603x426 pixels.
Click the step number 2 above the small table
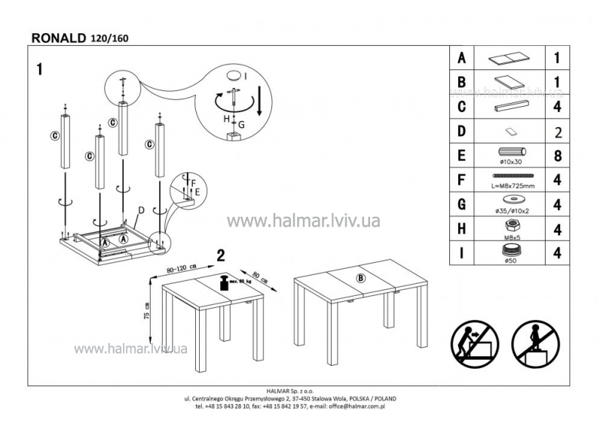click(221, 255)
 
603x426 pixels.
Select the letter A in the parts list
click(461, 58)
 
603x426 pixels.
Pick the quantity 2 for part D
click(559, 133)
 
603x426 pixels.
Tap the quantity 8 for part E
click(558, 157)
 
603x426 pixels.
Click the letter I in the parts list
click(461, 253)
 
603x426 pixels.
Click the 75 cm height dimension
click(147, 311)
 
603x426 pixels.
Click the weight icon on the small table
click(224, 284)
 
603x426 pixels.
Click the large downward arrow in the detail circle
click(259, 100)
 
